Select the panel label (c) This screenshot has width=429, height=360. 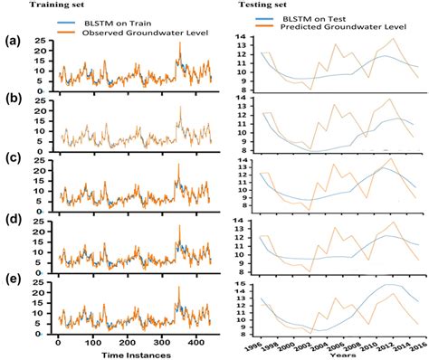click(x=13, y=161)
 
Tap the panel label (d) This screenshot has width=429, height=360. click(x=13, y=220)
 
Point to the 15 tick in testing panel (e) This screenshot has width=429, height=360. click(x=241, y=285)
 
